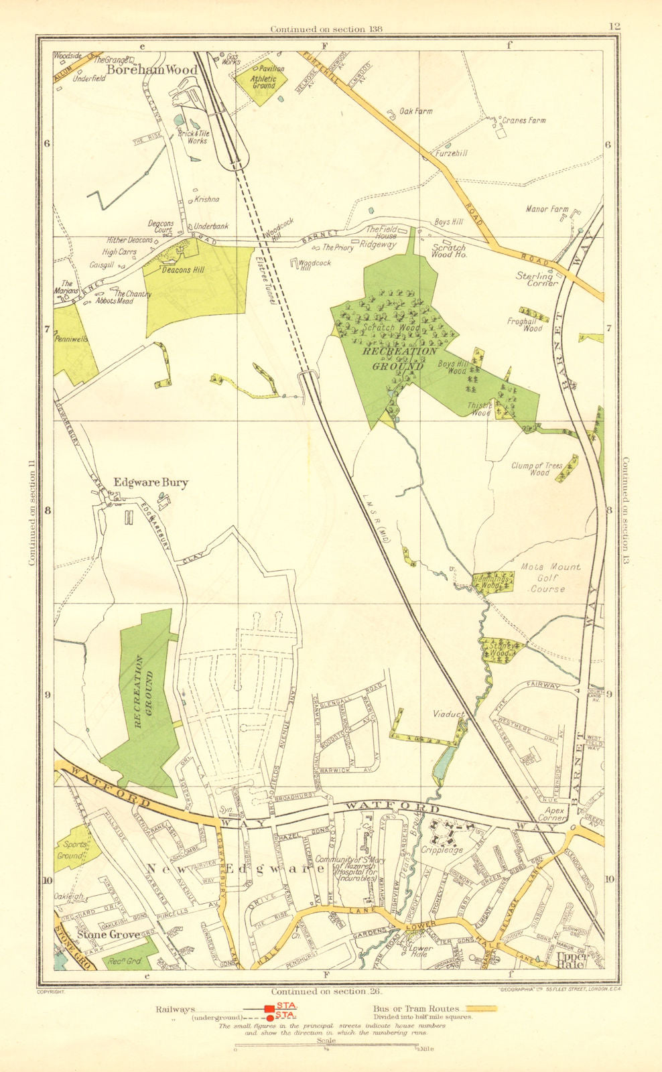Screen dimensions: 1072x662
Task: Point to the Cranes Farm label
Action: click(x=523, y=121)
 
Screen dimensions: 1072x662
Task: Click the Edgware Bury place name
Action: click(x=151, y=482)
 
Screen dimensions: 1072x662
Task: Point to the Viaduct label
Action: click(x=448, y=715)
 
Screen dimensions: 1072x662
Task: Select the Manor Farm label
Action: click(x=546, y=210)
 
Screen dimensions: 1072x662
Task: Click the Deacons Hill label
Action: click(x=182, y=270)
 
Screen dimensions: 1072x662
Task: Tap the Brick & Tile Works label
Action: click(x=194, y=137)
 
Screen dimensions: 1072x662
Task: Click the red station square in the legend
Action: click(x=269, y=1009)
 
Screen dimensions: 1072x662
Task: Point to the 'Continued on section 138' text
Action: click(x=317, y=29)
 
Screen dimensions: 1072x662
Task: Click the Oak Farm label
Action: click(x=415, y=112)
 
